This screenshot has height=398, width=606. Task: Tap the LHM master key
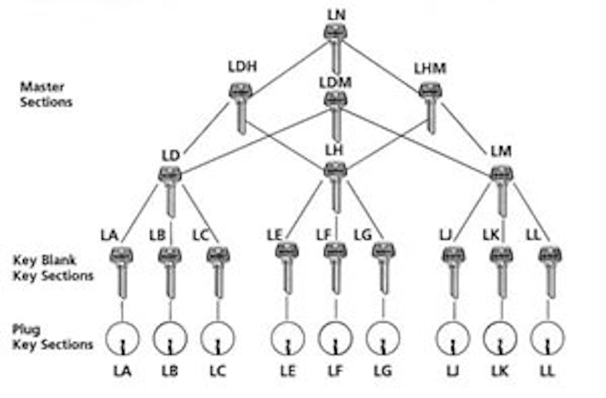click(430, 105)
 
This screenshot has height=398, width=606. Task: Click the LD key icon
click(169, 189)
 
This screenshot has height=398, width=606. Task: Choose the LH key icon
click(335, 186)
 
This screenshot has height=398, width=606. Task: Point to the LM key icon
click(501, 189)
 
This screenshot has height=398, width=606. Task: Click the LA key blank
click(121, 270)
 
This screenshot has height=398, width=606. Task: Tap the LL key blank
click(550, 270)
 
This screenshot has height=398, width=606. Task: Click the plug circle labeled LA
click(121, 337)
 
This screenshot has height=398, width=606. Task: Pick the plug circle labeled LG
click(383, 337)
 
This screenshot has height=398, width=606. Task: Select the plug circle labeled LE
click(287, 337)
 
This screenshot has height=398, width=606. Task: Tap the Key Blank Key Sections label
click(53, 268)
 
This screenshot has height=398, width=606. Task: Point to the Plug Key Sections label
click(53, 337)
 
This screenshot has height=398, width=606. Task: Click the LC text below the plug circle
click(217, 371)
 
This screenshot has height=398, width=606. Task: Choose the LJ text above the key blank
click(445, 235)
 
